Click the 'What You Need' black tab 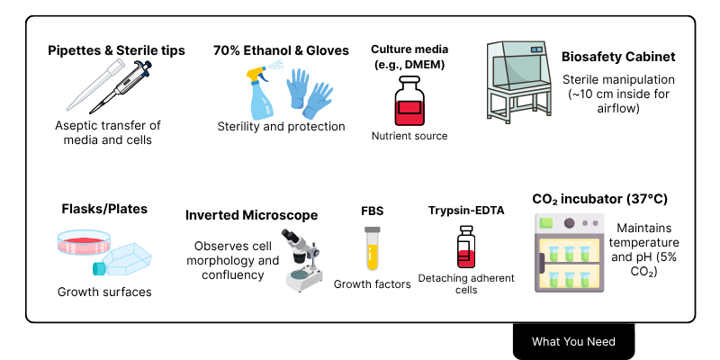pos(573,341)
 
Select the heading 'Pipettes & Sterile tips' pos(116,50)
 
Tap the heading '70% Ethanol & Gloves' pos(281,50)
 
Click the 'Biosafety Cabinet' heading pos(617,57)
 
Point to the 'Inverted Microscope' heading pos(251,215)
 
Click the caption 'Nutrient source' pos(409,136)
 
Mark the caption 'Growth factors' pos(372,284)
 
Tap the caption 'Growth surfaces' pos(104,292)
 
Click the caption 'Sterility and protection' pos(281,126)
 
